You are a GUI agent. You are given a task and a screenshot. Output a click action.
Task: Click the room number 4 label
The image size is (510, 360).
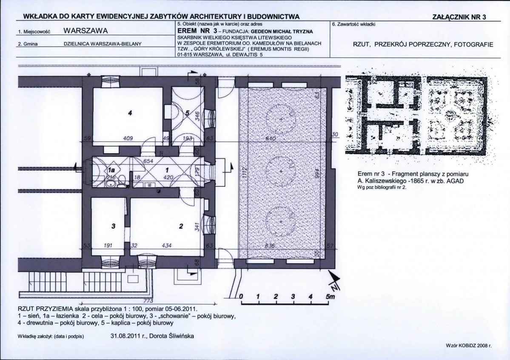pyautogui.click(x=130, y=113)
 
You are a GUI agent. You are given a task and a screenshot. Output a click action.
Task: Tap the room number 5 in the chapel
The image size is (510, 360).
pyautogui.click(x=187, y=113)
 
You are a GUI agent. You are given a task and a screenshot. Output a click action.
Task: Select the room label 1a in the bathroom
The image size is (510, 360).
pyautogui.click(x=111, y=170)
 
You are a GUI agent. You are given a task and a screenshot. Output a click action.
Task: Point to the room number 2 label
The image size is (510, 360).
pyautogui.click(x=181, y=226)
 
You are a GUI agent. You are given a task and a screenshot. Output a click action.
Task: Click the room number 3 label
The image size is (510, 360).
pyautogui.click(x=113, y=226)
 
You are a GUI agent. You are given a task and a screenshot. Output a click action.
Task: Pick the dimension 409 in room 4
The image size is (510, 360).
pyautogui.click(x=128, y=138)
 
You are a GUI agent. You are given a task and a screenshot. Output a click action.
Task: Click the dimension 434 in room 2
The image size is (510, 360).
pyautogui.click(x=167, y=246)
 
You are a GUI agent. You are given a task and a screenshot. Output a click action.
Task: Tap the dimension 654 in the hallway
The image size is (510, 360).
pyautogui.click(x=148, y=161)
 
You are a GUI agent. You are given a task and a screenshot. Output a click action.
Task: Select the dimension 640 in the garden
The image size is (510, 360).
pyautogui.click(x=271, y=139)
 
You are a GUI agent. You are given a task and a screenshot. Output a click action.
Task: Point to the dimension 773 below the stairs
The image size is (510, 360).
pyautogui.click(x=148, y=300)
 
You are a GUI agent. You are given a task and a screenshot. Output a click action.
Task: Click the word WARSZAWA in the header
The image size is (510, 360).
pyautogui.click(x=85, y=31)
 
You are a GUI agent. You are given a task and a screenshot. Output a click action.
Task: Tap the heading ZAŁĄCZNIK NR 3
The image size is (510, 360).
pyautogui.click(x=459, y=17)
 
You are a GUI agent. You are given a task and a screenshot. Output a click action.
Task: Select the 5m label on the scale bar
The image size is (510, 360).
pyautogui.click(x=330, y=297)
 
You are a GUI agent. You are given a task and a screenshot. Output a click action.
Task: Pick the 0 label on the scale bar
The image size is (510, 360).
pyautogui.click(x=241, y=297)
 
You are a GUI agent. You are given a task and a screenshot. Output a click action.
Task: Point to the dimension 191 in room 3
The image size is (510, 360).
pyautogui.click(x=108, y=246)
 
